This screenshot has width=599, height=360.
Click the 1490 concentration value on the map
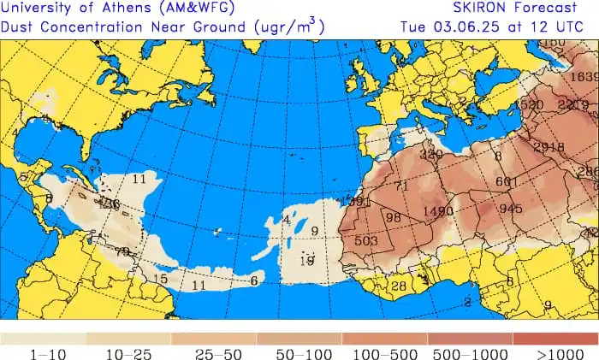437,211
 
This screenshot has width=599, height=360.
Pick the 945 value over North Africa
511,209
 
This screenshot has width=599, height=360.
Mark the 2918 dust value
549,147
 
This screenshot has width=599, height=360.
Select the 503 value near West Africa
366,241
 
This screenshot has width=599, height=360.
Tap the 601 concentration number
507,181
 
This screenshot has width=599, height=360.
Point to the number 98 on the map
394,218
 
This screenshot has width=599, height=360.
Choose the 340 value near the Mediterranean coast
431,155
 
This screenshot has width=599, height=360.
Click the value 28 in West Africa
398,286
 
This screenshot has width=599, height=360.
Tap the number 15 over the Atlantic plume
160,279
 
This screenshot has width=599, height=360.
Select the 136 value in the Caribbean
109,205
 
